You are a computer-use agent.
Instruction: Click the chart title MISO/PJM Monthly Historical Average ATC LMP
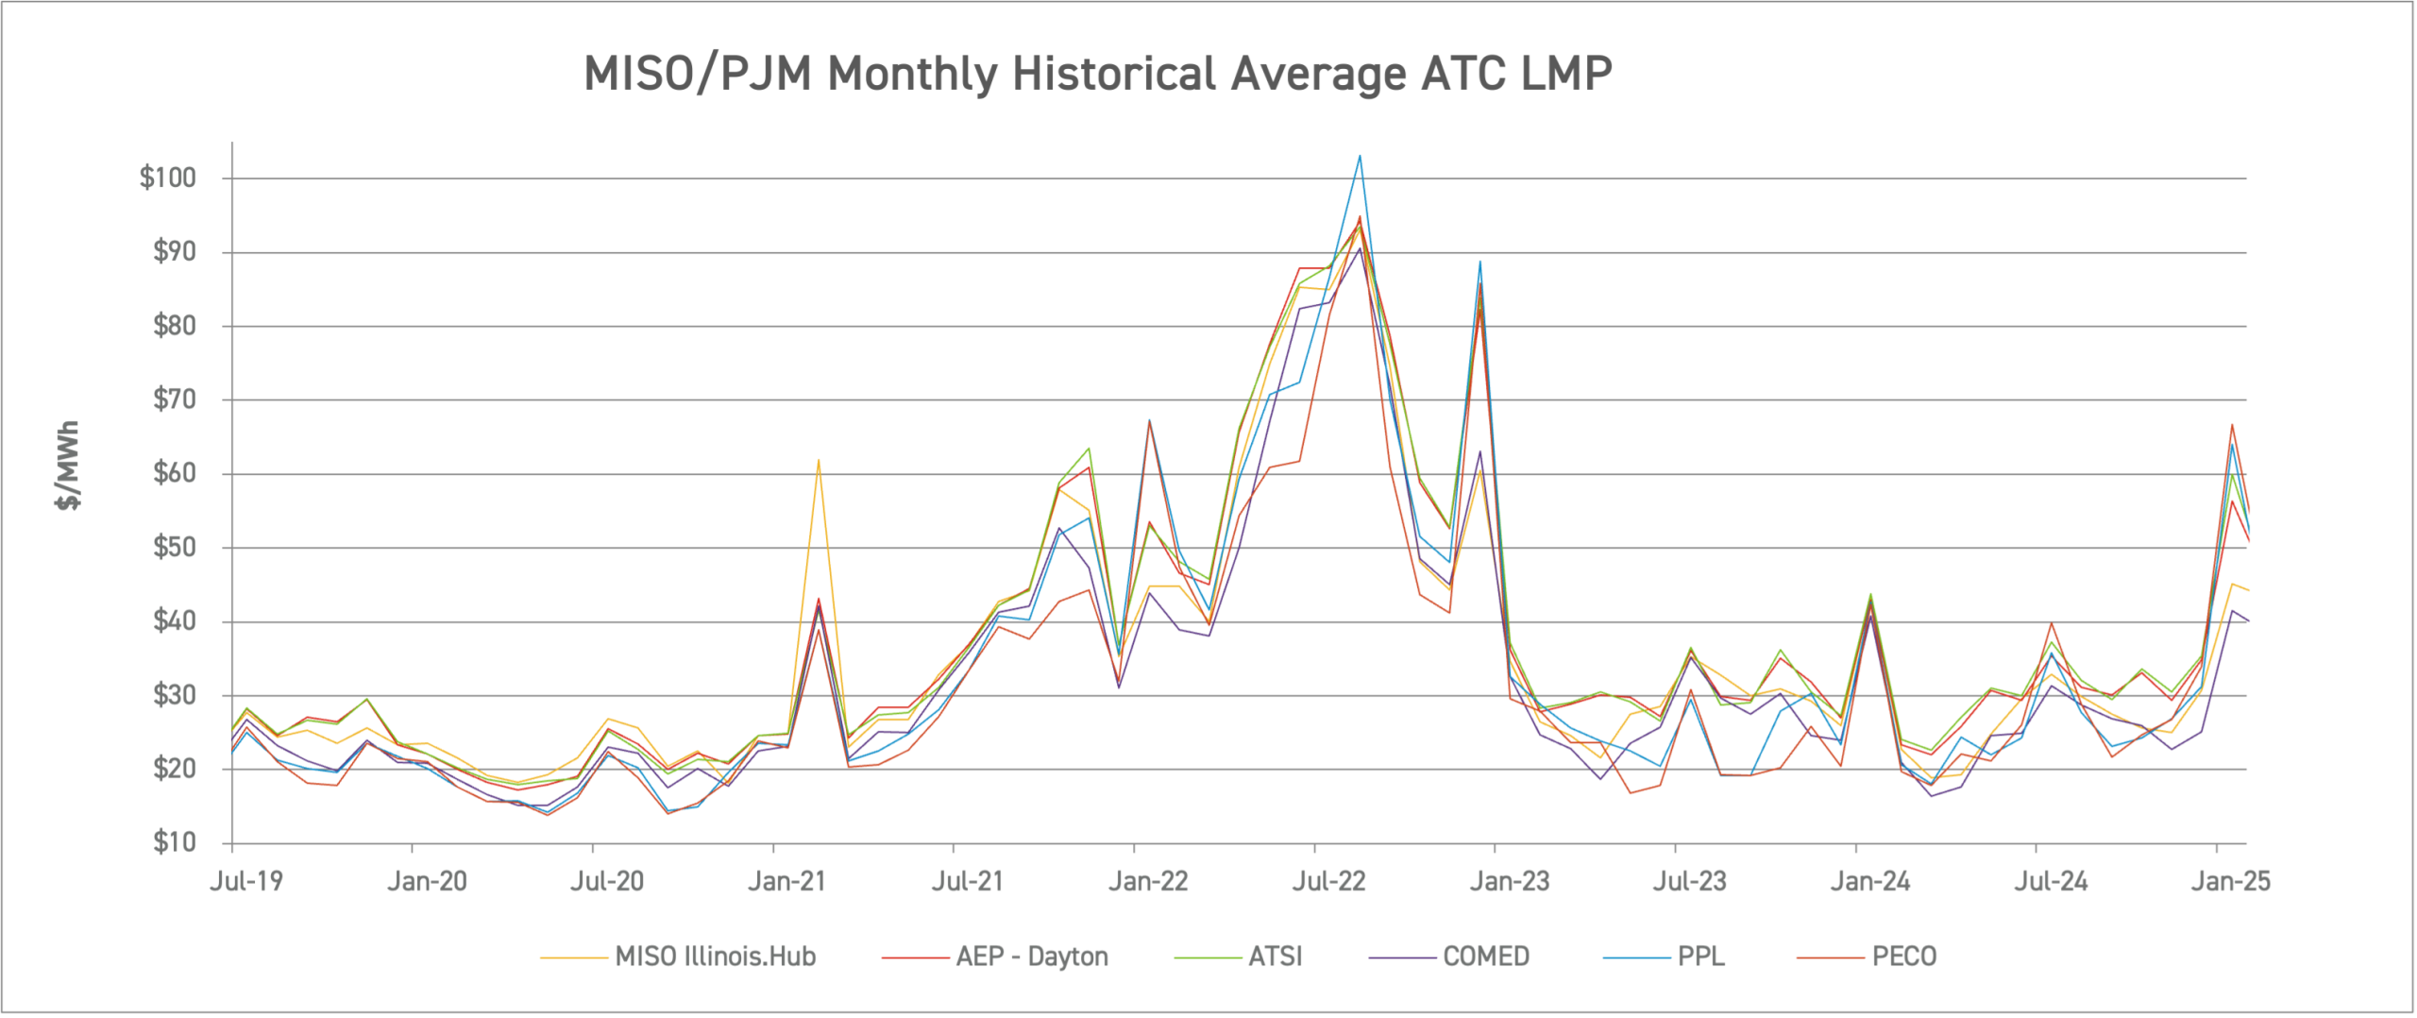(1097, 74)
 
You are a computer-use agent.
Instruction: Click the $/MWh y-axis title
(68, 465)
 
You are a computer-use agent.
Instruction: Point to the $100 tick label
(167, 178)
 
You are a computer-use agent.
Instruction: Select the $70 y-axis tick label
(174, 399)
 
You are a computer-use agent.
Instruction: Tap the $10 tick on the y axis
(174, 842)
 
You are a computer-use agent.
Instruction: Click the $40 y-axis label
(174, 621)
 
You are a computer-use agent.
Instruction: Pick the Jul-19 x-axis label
(245, 882)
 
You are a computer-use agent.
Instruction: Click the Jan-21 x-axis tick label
(786, 882)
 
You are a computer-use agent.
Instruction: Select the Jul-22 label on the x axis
(1328, 882)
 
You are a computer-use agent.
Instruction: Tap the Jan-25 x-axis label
(2230, 882)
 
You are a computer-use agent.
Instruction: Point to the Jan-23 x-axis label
(1510, 882)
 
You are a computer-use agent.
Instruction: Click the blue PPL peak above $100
(1360, 157)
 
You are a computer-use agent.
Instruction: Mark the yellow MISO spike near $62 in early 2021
(819, 461)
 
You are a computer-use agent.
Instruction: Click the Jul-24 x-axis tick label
(2051, 882)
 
